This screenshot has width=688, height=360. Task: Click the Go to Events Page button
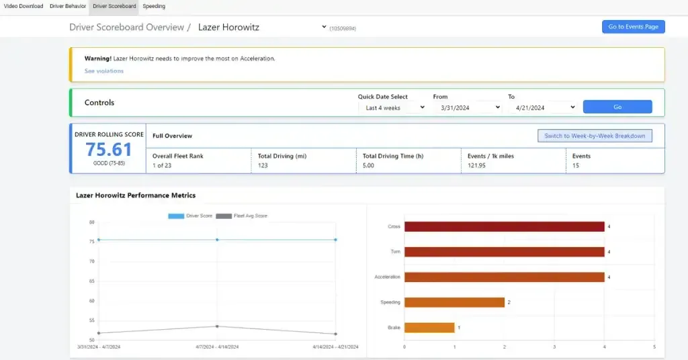(x=633, y=27)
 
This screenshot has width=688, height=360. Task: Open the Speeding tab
(x=154, y=7)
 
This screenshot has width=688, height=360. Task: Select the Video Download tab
(x=24, y=7)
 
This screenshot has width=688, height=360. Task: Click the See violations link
(x=104, y=71)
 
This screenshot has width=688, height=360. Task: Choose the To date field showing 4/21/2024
(x=542, y=107)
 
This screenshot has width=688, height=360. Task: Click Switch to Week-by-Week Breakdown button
(x=595, y=136)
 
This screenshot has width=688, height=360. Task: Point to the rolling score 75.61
(x=109, y=149)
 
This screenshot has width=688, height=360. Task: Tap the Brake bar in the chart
(x=429, y=328)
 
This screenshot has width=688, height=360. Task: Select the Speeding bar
(x=454, y=302)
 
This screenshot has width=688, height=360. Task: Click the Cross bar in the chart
(x=504, y=226)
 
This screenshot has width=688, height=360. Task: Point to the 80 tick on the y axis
(x=91, y=222)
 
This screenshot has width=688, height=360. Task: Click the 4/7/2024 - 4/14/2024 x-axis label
(x=216, y=347)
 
